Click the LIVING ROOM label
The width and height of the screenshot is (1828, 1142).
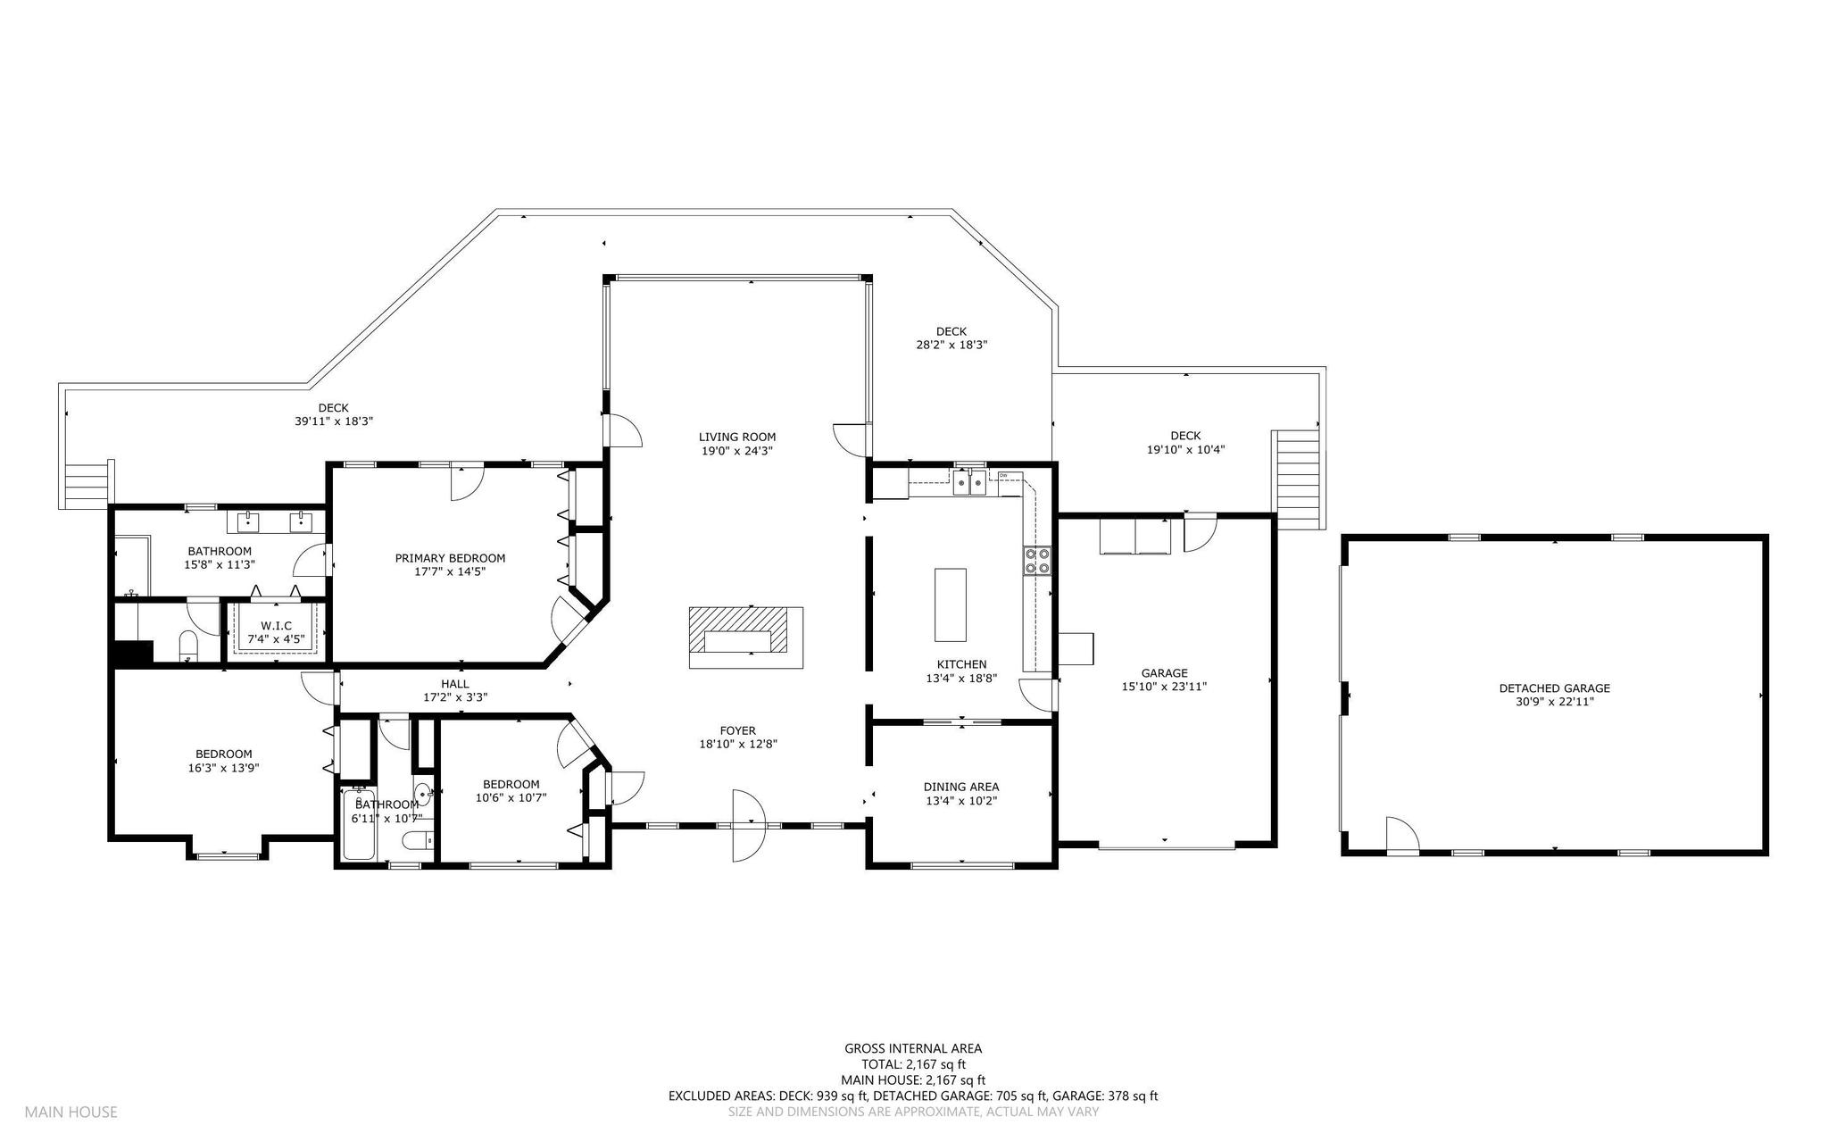736,437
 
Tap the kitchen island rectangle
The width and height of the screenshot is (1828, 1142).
950,604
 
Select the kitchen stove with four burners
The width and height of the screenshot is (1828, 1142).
1036,560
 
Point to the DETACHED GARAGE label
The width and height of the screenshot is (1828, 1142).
1554,688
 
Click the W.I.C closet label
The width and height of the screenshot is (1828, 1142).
276,626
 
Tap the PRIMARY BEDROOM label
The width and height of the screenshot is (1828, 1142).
450,558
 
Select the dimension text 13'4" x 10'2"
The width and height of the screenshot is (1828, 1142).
960,801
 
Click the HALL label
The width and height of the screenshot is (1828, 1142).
454,684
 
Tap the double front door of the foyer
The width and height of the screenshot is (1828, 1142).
749,825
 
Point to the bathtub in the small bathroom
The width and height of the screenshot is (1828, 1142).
359,824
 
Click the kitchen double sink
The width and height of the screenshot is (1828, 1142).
968,483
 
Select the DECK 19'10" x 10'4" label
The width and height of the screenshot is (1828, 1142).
1185,443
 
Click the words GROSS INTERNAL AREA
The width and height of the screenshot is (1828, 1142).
913,1048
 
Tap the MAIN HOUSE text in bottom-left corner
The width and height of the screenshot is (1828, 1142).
71,1112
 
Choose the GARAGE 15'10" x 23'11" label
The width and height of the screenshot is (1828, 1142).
1165,679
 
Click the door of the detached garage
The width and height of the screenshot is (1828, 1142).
1402,834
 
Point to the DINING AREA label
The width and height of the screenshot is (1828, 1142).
961,787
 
